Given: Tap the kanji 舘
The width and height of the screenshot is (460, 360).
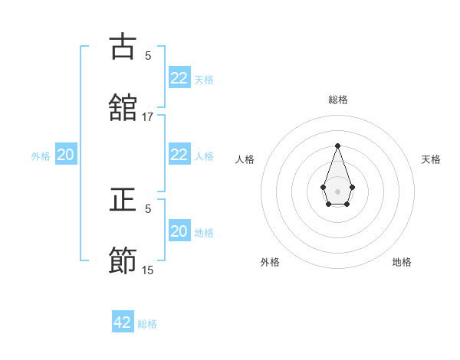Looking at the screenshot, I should coord(123,106).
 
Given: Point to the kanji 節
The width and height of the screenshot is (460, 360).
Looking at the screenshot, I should coord(123,260).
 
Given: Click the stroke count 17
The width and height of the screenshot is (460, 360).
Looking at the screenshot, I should coord(148,116).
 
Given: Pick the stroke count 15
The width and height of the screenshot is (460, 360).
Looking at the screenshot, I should coord(148,270).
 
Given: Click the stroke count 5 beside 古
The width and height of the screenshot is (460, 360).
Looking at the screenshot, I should coord(148,55).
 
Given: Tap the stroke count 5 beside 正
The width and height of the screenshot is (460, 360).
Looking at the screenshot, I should coord(148,208).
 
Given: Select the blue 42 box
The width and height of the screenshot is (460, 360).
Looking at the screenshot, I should coord(123,322).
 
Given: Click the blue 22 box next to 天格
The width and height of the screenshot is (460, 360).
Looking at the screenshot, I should coord(179,78).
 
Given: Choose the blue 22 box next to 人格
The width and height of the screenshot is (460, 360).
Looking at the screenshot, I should coord(179,155).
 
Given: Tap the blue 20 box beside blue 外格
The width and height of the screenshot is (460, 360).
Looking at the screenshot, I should coord(65,155).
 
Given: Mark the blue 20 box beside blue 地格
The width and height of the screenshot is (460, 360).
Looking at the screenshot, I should coord(179,231).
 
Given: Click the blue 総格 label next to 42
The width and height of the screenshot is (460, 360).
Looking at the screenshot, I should coord(147,324).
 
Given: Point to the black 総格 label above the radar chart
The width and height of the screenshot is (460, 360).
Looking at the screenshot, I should coord(337,100).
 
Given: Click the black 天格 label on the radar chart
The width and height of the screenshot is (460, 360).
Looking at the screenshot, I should coord(431,159).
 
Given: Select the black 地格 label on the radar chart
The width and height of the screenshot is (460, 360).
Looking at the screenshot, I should coord(402,262).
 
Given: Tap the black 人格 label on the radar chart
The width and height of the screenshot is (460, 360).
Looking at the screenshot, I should coord(245,159).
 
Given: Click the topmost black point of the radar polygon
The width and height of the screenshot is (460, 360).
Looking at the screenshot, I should coord(337,146).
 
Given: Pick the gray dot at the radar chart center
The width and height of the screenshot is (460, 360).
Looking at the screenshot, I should coord(337,190).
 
